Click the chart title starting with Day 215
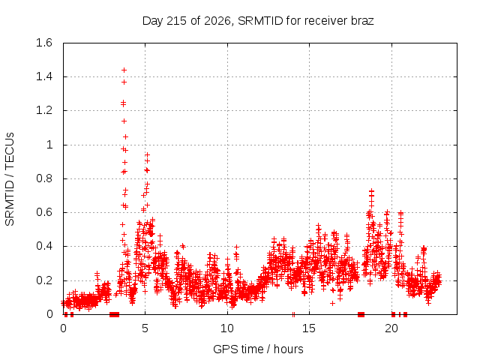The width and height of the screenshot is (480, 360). coord(258,21)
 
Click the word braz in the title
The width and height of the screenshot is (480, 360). coord(363,21)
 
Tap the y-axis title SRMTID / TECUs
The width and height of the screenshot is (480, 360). coord(10,179)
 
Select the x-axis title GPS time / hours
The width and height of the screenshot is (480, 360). coord(258,349)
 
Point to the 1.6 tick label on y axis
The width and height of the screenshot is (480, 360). coord(44,43)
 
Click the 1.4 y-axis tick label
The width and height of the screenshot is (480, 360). coord(44,76)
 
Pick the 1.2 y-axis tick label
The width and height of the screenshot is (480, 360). coord(44,110)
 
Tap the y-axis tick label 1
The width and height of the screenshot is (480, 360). coord(49,145)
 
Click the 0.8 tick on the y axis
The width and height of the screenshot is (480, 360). coord(44,178)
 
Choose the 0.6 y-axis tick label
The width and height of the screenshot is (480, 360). coord(44,212)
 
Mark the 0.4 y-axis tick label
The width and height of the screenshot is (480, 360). coord(44,246)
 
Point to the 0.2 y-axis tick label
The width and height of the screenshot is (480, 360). coord(44,280)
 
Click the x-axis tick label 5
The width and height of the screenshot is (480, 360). coord(145,328)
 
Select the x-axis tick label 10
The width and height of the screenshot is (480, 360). coord(227,328)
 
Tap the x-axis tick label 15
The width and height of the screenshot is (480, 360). coord(309,328)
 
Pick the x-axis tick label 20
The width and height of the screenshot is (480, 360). coord(391,328)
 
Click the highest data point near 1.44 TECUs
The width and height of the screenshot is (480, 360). coord(124,70)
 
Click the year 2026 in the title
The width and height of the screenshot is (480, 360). coord(217,21)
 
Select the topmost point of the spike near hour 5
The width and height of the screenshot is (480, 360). coord(147,155)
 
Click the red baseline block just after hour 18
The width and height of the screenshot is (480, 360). coord(361,314)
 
